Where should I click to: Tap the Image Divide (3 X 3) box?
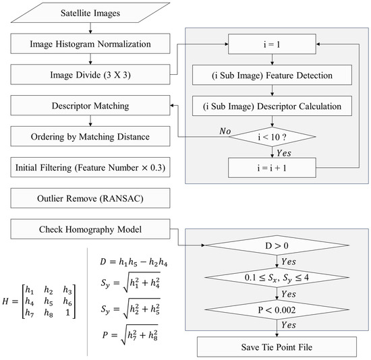pyautogui.click(x=90, y=76)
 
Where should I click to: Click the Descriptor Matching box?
pyautogui.click(x=90, y=105)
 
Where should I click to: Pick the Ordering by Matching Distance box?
pyautogui.click(x=90, y=136)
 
